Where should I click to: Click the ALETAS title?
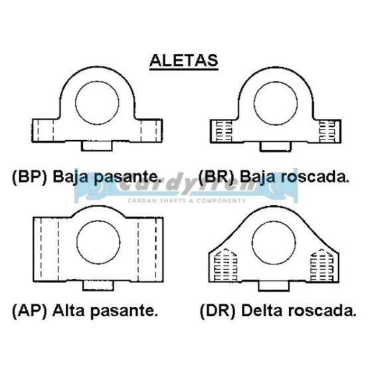[183, 60]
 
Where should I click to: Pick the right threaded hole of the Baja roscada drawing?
[327, 132]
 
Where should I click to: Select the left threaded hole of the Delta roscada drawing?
[225, 265]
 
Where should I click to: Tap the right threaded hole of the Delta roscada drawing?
[322, 265]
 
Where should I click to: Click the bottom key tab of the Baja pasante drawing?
[96, 146]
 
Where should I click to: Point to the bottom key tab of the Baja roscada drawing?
[275, 147]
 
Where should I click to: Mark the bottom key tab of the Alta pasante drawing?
[98, 286]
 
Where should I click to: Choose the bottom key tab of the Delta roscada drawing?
[274, 286]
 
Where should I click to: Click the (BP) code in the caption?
[29, 177]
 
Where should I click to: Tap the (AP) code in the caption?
[29, 311]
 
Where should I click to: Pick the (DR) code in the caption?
[218, 311]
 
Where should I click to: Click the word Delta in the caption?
[262, 310]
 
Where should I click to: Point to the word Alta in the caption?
[68, 310]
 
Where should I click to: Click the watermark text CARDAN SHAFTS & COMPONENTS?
[186, 201]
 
